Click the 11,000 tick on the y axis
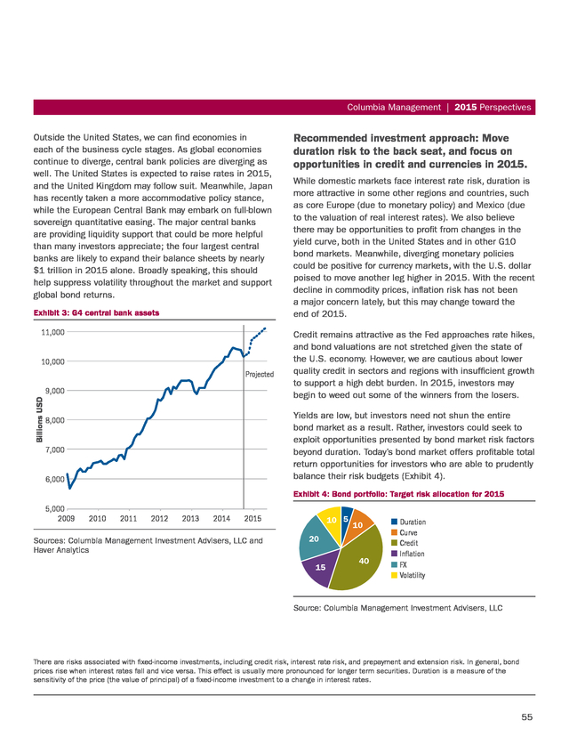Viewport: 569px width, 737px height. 52,332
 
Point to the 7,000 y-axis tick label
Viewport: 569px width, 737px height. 54,449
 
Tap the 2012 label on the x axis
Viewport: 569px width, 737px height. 159,518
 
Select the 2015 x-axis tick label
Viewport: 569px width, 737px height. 252,518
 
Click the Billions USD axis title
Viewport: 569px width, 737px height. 39,420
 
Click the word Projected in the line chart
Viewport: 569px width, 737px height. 260,374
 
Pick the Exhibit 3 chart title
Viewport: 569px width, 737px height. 96,313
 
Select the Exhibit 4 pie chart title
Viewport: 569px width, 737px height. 398,494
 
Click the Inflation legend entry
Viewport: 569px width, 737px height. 408,555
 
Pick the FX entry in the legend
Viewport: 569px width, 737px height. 399,565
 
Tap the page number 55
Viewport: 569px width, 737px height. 526,717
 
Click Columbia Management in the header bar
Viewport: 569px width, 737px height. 394,108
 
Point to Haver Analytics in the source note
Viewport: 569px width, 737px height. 61,550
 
